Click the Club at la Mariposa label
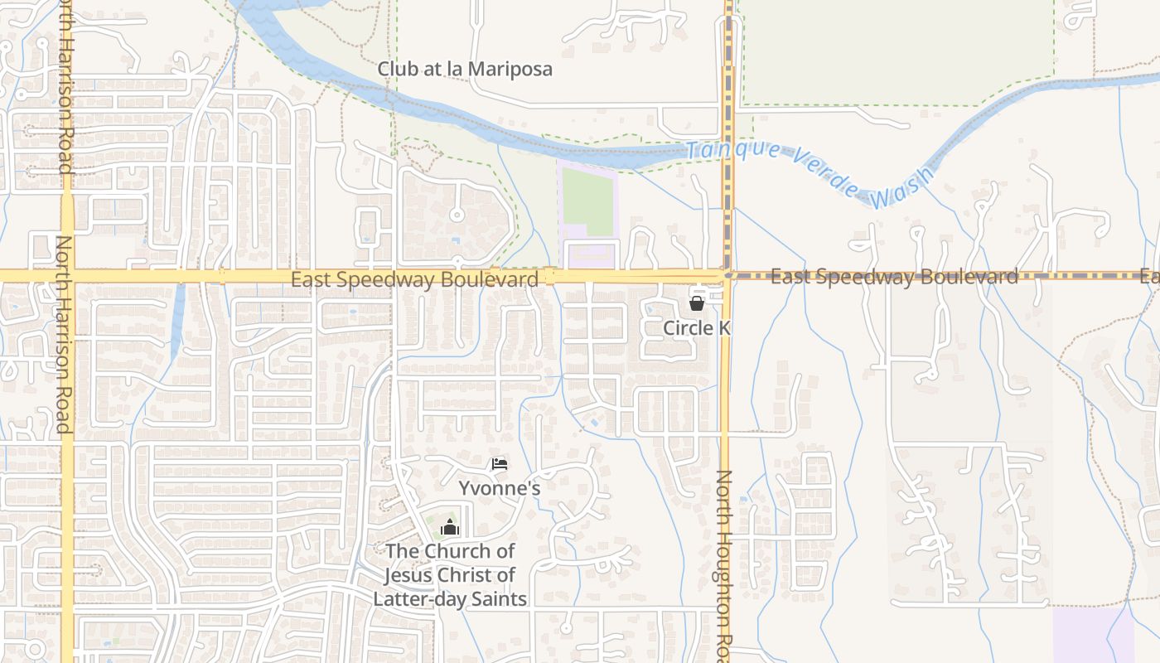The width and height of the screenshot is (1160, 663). [465, 69]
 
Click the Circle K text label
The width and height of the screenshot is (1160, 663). [697, 328]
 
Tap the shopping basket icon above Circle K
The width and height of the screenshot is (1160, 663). [697, 303]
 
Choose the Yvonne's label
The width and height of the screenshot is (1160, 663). [500, 488]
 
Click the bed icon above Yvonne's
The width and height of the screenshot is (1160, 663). [500, 464]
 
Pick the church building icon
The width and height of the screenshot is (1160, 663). [449, 527]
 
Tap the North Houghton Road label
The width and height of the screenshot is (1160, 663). [724, 564]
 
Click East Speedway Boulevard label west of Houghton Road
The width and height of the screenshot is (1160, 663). [414, 279]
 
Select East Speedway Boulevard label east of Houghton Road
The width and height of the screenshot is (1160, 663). [894, 276]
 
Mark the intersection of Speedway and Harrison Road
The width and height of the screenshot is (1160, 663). [67, 276]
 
